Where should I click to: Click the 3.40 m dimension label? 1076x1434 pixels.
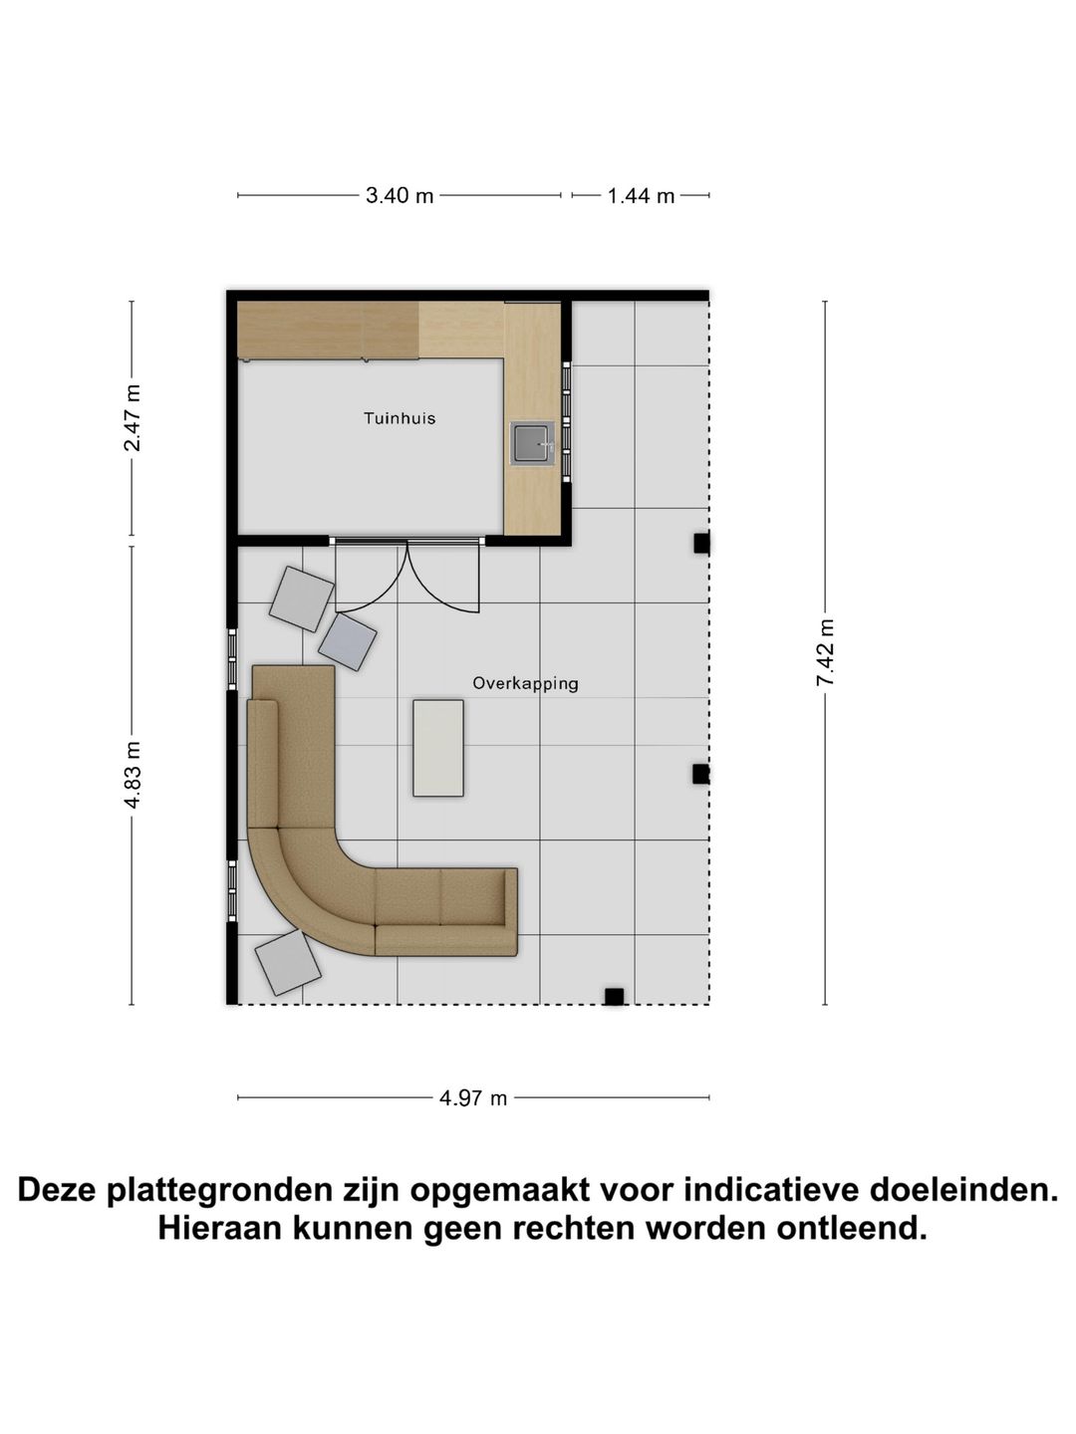tap(400, 196)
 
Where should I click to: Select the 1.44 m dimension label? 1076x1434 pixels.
tap(642, 196)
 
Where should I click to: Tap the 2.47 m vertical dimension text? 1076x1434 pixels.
tap(132, 418)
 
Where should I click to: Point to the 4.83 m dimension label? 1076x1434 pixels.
tap(132, 775)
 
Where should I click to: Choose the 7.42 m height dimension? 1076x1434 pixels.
tap(825, 652)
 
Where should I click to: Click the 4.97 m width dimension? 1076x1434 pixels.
tap(473, 1098)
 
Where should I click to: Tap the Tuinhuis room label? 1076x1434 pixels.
tap(400, 418)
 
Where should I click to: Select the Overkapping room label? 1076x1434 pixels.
tap(525, 683)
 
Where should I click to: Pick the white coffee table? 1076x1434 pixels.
tap(438, 747)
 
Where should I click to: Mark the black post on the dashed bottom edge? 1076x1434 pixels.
tap(614, 996)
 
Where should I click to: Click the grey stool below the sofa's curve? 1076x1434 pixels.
tap(288, 962)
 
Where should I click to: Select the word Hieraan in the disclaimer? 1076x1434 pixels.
tap(219, 1228)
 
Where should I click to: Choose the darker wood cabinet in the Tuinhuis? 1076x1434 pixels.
tap(328, 330)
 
